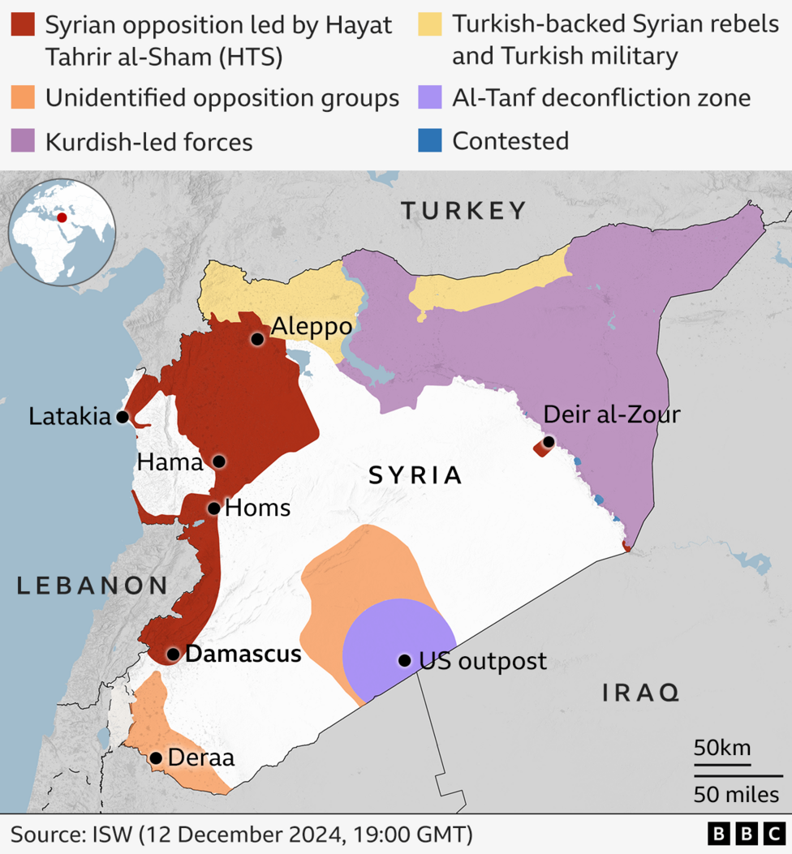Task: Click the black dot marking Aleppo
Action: [257, 339]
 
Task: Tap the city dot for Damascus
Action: [173, 654]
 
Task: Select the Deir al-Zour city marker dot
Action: [549, 442]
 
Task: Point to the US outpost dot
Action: [404, 660]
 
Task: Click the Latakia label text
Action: [69, 417]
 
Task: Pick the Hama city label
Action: [170, 462]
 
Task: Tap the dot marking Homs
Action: [213, 509]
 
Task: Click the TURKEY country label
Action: [464, 212]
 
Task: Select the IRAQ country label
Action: [640, 693]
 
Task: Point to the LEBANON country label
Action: [93, 586]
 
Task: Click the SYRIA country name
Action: [415, 475]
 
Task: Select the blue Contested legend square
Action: [430, 140]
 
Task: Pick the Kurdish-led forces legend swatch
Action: [23, 141]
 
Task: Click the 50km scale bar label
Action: [722, 747]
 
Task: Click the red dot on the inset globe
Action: [62, 218]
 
